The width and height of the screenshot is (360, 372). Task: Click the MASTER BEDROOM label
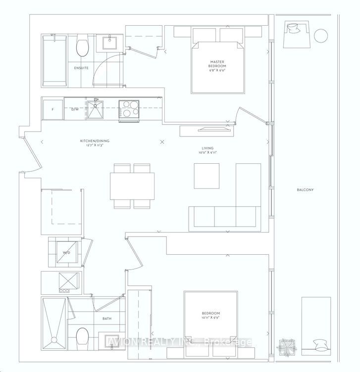tap(217, 64)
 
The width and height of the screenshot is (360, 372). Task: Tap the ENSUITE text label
tap(82, 68)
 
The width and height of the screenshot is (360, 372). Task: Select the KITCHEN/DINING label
tap(95, 141)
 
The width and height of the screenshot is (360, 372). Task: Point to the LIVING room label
tap(207, 147)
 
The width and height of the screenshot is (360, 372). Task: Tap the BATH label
tap(107, 319)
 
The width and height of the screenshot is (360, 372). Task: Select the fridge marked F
tap(52, 109)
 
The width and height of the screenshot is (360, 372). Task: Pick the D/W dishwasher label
tap(75, 109)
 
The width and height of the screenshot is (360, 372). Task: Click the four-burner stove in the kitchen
tap(129, 109)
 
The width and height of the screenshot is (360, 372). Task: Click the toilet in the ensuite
tap(82, 48)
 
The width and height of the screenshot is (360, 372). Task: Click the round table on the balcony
tap(321, 35)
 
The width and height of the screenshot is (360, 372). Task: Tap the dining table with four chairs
tap(132, 186)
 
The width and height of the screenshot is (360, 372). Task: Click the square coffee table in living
tap(206, 175)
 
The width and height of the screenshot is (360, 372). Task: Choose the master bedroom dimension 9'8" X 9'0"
tap(217, 71)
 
